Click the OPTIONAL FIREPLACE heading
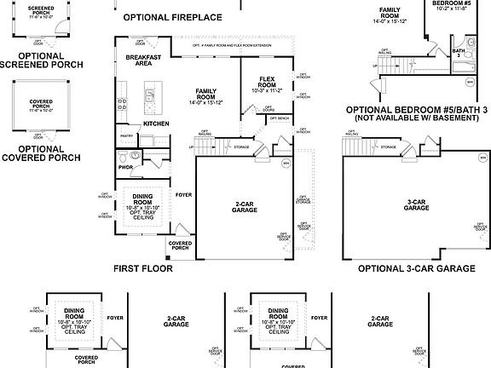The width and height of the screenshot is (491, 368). [x=172, y=17]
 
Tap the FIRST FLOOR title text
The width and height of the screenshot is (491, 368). [x=143, y=267]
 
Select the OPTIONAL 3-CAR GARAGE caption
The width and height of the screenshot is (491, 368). [x=416, y=267]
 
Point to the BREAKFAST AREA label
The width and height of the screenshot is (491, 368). [x=138, y=60]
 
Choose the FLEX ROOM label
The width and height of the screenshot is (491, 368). [x=268, y=83]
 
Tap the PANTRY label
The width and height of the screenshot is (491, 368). [x=126, y=135]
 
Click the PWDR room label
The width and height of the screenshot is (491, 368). [x=126, y=168]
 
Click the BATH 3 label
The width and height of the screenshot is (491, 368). [x=459, y=54]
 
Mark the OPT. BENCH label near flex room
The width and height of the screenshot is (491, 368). [x=278, y=118]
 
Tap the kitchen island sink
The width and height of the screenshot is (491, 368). [x=152, y=93]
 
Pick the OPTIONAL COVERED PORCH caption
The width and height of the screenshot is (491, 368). [x=41, y=152]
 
